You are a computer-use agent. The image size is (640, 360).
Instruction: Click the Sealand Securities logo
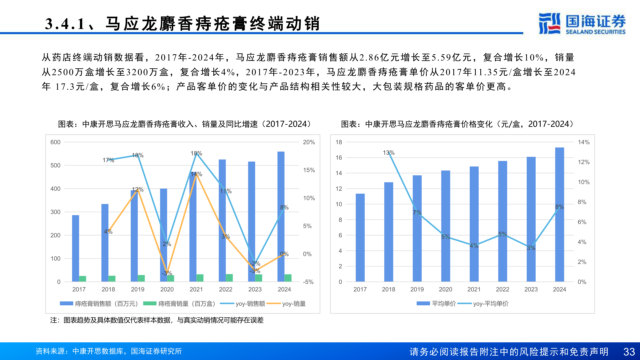click(582, 24)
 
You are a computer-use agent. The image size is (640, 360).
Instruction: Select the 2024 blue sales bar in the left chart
click(281, 217)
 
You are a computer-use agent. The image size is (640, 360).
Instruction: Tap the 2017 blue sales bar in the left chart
click(76, 248)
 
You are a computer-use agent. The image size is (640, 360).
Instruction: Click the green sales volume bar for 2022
click(229, 278)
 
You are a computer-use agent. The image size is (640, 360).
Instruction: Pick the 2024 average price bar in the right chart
click(559, 215)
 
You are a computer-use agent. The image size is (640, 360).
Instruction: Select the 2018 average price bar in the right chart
click(388, 232)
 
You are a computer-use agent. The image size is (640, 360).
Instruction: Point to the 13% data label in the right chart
click(388, 153)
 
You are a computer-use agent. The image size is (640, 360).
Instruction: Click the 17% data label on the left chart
click(108, 160)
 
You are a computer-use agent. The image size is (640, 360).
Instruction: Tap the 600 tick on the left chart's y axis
click(55, 142)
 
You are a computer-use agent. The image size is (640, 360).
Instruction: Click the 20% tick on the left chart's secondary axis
click(309, 142)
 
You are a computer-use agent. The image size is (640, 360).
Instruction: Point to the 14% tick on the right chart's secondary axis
click(583, 142)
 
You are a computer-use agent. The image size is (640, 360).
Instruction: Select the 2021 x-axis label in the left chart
click(196, 289)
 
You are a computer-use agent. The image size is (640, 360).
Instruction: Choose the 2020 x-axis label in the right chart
click(445, 289)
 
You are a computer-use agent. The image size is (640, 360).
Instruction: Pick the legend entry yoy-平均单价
click(490, 304)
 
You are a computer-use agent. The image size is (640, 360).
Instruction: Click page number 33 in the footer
click(629, 352)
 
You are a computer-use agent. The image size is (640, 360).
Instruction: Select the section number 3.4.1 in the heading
click(65, 24)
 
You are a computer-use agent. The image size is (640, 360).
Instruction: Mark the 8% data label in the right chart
click(559, 207)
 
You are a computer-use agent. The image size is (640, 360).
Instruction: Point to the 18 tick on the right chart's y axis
click(339, 142)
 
